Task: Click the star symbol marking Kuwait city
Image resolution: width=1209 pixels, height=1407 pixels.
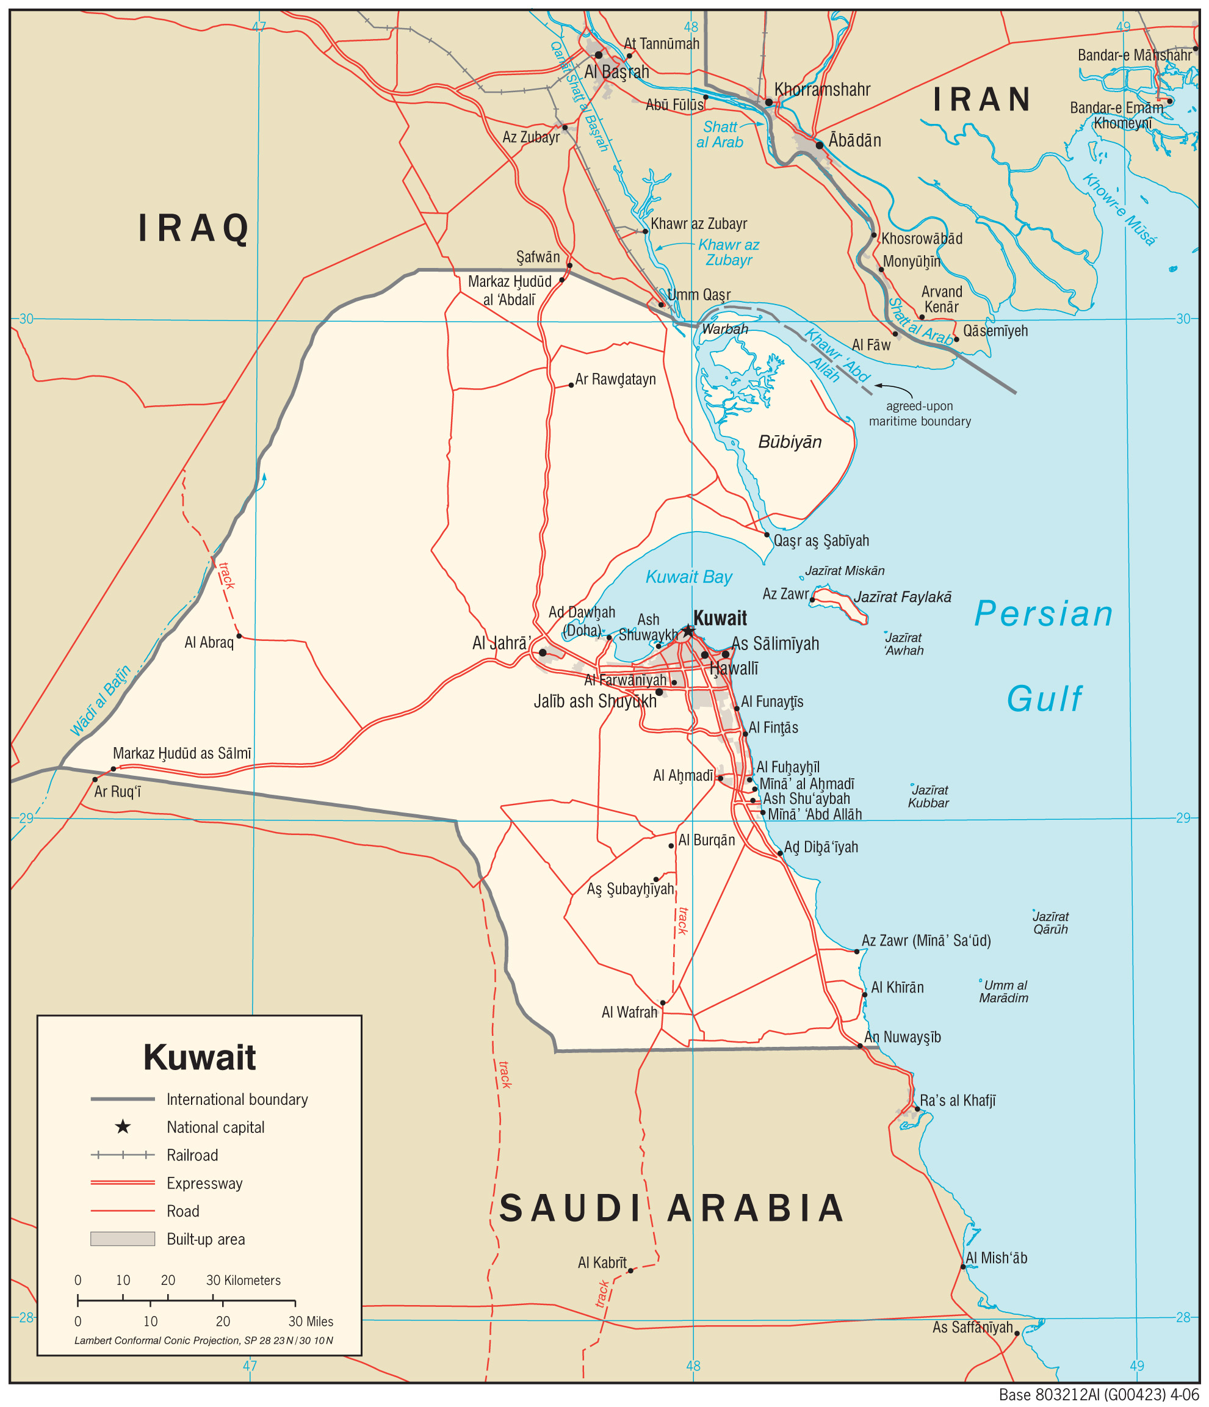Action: tap(688, 631)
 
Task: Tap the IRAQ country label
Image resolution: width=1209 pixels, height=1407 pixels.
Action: tap(194, 228)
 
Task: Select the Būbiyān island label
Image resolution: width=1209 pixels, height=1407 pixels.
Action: tap(790, 442)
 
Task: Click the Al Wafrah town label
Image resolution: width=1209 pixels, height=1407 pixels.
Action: tap(629, 1013)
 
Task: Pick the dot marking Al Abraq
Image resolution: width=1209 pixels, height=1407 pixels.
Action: tap(239, 636)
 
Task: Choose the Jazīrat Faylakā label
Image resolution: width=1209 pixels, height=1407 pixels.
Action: tap(902, 597)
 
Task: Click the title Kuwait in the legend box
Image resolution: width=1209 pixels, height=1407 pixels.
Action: tap(200, 1057)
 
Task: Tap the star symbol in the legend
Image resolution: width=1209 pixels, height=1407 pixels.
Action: tap(123, 1127)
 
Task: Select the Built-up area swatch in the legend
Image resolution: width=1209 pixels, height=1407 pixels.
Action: tap(123, 1239)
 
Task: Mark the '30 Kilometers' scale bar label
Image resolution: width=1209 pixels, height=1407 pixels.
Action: tap(243, 1280)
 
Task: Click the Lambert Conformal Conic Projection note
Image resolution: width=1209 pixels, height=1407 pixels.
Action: tap(204, 1340)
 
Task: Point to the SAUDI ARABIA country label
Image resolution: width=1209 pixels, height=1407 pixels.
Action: tap(672, 1209)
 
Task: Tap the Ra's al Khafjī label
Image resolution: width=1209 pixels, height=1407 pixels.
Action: tap(957, 1101)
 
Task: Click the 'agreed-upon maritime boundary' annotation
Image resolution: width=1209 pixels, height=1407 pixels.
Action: tap(920, 413)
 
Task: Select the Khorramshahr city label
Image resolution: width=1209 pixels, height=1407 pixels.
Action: tap(822, 90)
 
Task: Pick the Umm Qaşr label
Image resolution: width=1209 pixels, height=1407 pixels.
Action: tap(699, 295)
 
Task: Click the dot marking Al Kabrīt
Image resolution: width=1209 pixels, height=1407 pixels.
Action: tap(630, 1270)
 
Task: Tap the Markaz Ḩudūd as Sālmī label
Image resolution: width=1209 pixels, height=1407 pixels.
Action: tap(182, 753)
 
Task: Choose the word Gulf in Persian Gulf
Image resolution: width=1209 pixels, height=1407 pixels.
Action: tap(1044, 700)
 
